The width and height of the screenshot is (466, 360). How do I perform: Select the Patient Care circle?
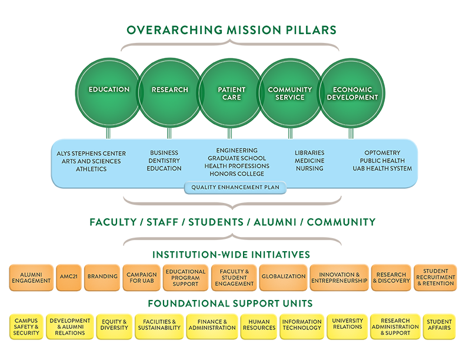[x=231, y=93]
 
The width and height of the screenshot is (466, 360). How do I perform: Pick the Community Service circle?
[x=289, y=93]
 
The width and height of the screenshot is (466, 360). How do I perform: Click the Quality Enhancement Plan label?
[x=235, y=188]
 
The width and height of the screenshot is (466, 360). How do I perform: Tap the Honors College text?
[x=237, y=174]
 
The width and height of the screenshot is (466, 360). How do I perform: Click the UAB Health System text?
[x=382, y=169]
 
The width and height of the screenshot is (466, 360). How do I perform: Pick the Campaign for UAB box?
[x=141, y=276]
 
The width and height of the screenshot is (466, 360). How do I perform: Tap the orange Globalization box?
[x=283, y=276]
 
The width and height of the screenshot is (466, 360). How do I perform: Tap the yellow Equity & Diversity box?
[x=114, y=325]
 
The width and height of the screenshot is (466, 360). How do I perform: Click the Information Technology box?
[x=301, y=325]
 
